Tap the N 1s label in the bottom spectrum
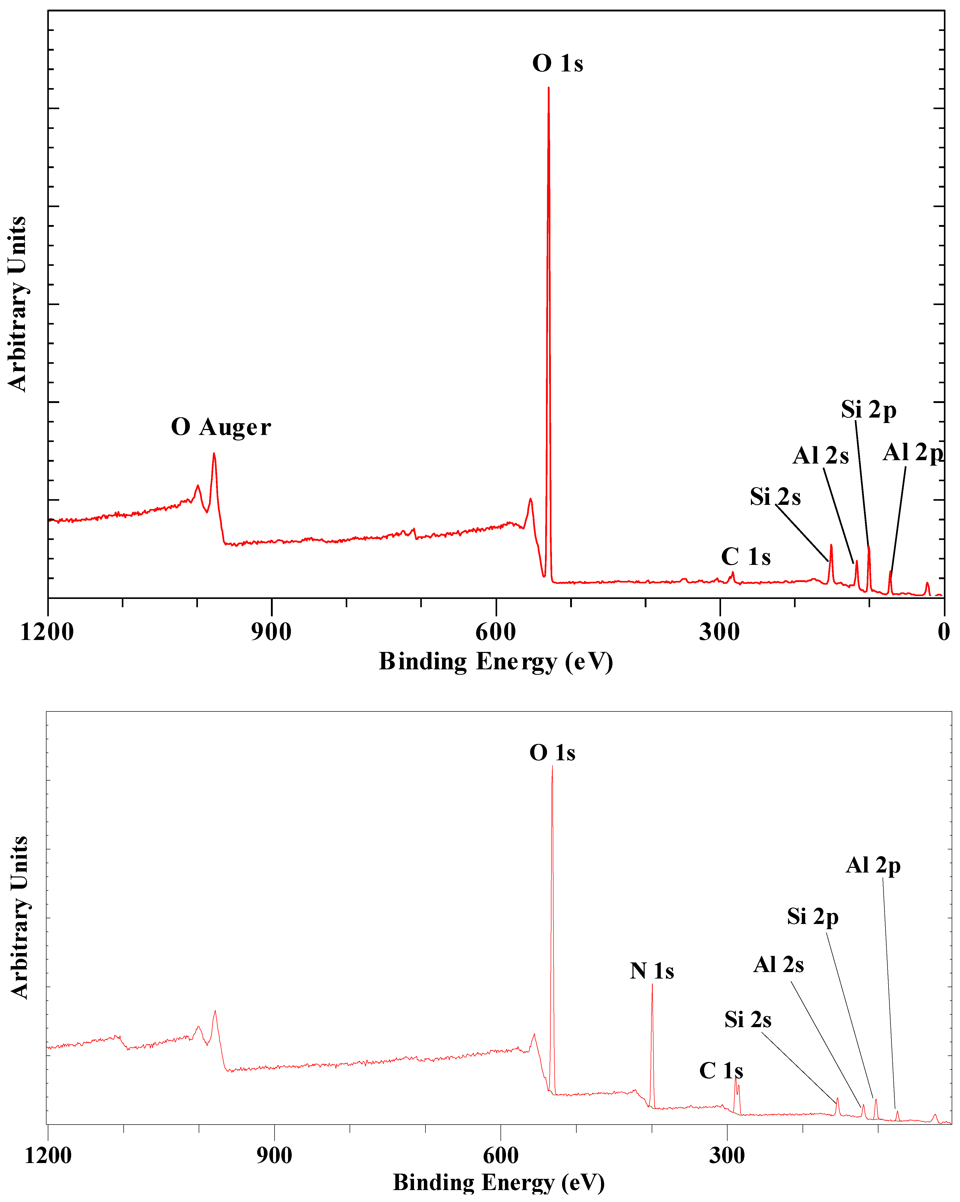[x=652, y=971]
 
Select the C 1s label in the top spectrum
[x=745, y=557]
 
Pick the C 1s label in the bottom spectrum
[x=721, y=1071]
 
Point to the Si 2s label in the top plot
[x=775, y=497]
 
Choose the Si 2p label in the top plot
[x=869, y=410]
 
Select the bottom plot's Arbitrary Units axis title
[x=19, y=917]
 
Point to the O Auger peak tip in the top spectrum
[x=214, y=454]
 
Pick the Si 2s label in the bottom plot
[x=748, y=1020]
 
